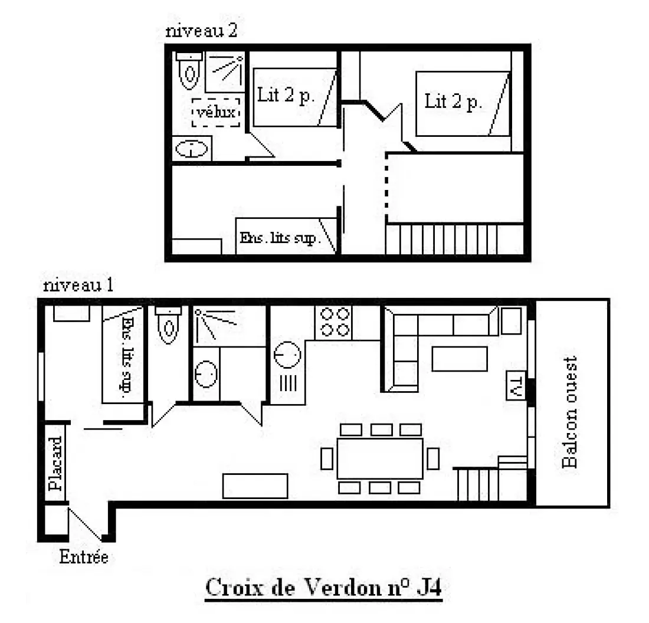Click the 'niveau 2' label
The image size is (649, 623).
[201, 31]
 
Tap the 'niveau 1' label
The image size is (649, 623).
[78, 285]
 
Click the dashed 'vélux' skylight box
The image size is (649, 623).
[215, 112]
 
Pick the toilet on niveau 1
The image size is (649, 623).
[168, 325]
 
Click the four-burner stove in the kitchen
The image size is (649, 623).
[333, 323]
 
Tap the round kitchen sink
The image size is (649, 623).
[287, 355]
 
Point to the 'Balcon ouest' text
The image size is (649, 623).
[570, 412]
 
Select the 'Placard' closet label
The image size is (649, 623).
[55, 463]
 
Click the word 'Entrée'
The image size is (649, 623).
[84, 557]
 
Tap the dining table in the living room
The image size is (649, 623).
[380, 458]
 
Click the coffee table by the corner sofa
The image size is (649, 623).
[460, 359]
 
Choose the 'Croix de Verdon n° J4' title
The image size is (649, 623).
[324, 587]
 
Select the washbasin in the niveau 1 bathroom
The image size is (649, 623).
[206, 374]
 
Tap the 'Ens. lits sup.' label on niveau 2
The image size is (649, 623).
[278, 238]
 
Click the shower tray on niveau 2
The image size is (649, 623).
[225, 73]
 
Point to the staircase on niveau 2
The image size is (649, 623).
[442, 240]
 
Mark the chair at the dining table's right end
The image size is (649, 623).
[433, 458]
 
